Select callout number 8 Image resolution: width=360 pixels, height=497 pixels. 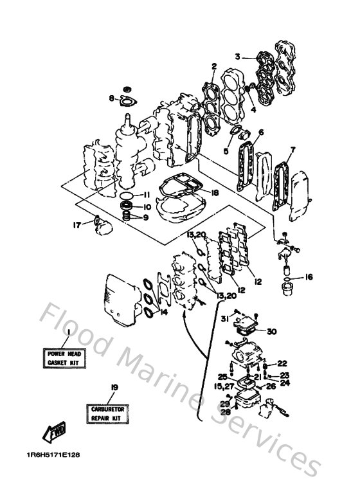(x=111, y=98)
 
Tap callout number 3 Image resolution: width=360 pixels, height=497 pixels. (x=237, y=57)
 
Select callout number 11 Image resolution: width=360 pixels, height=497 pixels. (x=147, y=195)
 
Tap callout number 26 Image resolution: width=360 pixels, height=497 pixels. (x=271, y=386)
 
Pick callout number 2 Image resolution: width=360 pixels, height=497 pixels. (x=213, y=65)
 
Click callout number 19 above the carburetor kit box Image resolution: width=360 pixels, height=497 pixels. (x=114, y=387)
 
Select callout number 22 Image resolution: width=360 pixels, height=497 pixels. (x=282, y=363)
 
